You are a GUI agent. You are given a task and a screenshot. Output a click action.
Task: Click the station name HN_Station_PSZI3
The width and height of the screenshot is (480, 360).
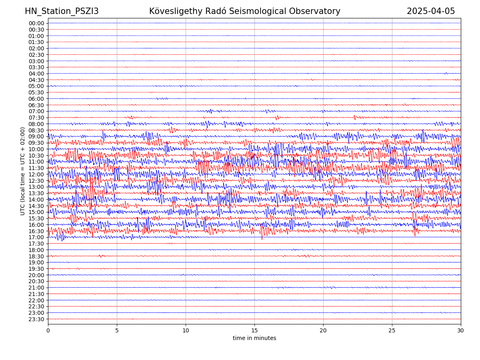tap(62, 11)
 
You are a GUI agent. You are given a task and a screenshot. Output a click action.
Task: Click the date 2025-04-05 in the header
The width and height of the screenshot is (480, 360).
tap(431, 11)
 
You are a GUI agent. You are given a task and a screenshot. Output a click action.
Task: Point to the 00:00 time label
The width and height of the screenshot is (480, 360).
tap(36, 23)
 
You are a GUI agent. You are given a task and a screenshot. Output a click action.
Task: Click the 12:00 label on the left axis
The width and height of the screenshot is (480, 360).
tap(36, 174)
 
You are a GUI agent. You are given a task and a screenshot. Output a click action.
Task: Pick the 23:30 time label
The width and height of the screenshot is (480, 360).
tap(36, 319)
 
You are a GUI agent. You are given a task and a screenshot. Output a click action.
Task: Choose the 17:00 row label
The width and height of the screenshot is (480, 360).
tap(36, 237)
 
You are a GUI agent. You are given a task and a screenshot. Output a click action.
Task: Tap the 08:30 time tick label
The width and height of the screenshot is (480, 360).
tap(36, 130)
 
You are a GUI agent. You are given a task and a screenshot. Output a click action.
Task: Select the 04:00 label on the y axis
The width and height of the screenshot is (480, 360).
tap(36, 74)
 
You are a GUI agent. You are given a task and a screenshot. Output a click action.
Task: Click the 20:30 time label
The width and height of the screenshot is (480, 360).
tap(36, 281)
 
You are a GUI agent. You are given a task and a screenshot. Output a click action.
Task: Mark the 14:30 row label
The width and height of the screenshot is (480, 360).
tap(36, 206)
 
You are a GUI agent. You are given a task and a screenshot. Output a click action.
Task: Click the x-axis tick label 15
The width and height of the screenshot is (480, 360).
tap(254, 330)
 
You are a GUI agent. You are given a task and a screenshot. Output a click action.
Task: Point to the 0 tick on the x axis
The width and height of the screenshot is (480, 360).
tap(48, 330)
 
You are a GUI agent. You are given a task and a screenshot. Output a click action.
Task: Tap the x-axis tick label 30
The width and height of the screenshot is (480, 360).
tap(461, 330)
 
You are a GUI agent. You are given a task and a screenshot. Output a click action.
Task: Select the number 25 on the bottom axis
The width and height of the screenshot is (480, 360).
tap(392, 330)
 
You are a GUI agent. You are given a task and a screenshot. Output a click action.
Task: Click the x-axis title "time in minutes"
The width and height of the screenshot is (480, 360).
tap(254, 338)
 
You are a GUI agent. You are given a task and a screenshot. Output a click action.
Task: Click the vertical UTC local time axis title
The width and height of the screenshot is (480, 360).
tap(23, 171)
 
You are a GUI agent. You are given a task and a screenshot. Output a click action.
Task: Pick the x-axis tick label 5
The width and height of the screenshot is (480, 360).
tap(117, 330)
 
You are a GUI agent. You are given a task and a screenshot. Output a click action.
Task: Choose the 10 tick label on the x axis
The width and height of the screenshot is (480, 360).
tap(186, 330)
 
